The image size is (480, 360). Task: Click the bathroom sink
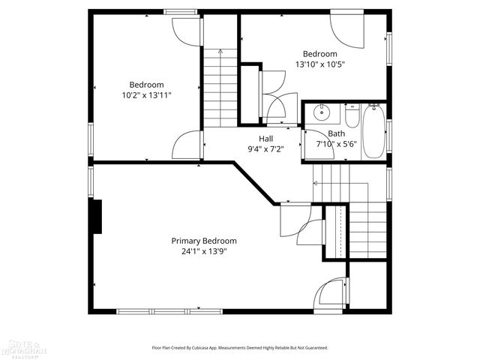tap(322, 115)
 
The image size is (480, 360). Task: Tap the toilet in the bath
tap(353, 116)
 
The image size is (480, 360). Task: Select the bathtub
tap(373, 131)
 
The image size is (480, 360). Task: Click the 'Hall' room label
tap(266, 139)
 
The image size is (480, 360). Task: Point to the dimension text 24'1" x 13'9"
tap(204, 251)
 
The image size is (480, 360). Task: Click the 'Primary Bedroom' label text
tap(204, 241)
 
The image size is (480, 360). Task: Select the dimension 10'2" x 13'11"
tap(146, 95)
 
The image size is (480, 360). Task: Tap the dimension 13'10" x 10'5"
tap(320, 64)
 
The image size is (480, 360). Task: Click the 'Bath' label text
tap(336, 133)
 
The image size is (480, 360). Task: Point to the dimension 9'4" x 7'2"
tap(266, 149)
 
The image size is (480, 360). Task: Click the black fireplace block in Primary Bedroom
tap(95, 216)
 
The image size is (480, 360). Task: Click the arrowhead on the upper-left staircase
tap(220, 52)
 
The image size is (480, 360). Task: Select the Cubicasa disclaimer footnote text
tap(240, 348)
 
